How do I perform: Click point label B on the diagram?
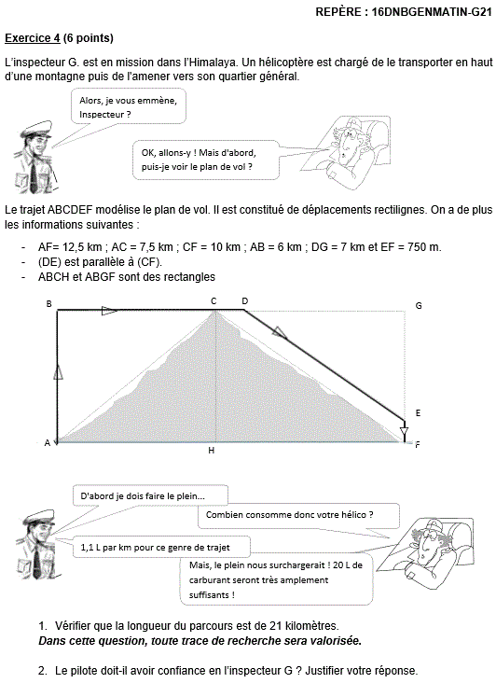(x=48, y=303)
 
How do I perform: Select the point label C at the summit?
(x=214, y=301)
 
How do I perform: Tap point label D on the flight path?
(x=245, y=301)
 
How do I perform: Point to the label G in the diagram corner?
(x=419, y=306)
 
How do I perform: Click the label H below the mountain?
(x=211, y=451)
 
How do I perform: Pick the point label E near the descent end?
(x=418, y=413)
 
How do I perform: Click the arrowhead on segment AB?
(x=58, y=372)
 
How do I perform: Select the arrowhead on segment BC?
(x=109, y=311)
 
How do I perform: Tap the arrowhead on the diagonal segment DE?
(x=280, y=332)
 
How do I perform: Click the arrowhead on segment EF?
(x=405, y=433)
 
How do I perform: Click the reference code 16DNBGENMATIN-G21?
(x=432, y=12)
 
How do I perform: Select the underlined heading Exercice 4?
(x=33, y=38)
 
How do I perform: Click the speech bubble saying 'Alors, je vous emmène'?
(x=129, y=106)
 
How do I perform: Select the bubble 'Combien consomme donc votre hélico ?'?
(x=299, y=516)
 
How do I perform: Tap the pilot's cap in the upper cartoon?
(x=36, y=130)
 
